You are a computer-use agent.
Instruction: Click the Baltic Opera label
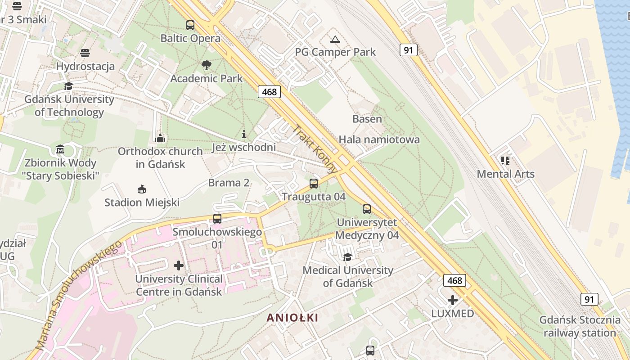point(190,39)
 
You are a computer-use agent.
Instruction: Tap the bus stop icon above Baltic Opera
point(190,25)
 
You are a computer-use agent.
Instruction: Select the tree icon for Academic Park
point(207,65)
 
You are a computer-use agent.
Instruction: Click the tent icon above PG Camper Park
point(335,40)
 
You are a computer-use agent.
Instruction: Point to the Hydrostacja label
point(85,67)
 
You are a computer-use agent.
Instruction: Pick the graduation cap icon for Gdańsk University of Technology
point(68,86)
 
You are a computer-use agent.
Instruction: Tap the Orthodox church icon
point(160,138)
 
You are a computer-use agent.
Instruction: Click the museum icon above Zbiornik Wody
point(60,149)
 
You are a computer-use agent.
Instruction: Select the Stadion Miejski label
point(142,202)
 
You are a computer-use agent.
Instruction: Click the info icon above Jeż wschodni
point(244,134)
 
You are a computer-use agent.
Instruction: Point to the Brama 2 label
point(229,183)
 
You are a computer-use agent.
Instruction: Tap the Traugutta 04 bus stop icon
point(314,184)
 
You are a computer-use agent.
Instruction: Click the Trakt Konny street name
point(315,149)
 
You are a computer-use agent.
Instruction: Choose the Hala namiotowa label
point(379,139)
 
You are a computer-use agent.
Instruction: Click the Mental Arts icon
point(505,161)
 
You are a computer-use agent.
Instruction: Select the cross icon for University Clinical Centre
point(179,265)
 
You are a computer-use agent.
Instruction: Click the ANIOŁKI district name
point(292,318)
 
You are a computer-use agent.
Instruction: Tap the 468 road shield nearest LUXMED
point(454,281)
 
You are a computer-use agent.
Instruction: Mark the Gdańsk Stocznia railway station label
point(580,327)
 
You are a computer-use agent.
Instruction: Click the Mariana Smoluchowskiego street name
point(78,295)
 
